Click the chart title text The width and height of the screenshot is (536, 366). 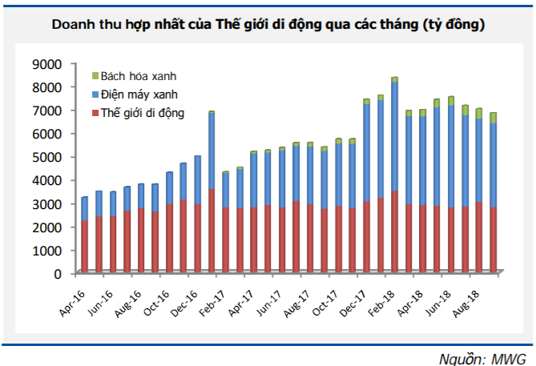pos(268,25)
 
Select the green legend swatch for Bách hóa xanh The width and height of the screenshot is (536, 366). pos(95,75)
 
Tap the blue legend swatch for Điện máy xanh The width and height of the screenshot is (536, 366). pos(95,94)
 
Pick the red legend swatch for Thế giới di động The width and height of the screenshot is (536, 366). pos(95,113)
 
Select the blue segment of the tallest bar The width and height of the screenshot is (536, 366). pos(395,136)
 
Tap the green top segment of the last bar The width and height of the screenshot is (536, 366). pos(494,118)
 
